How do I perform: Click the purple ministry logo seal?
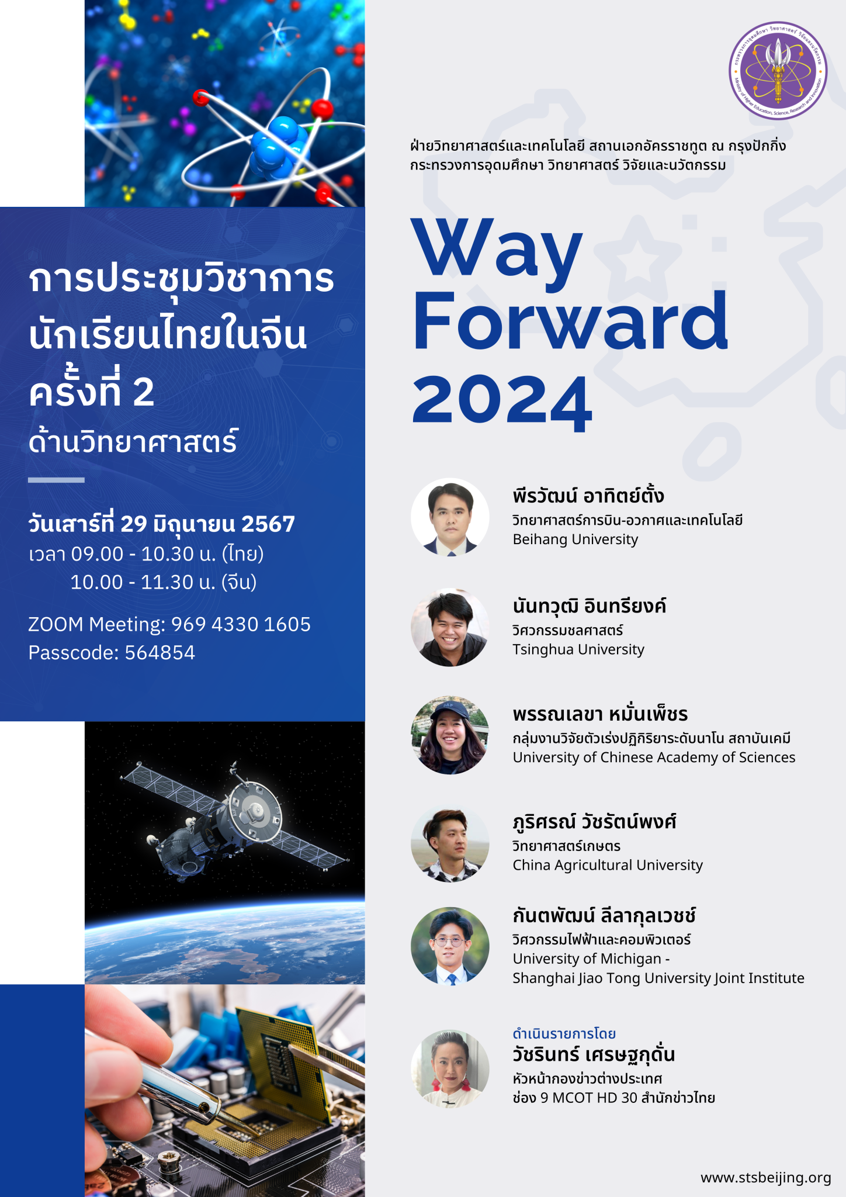click(778, 71)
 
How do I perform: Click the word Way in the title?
click(497, 248)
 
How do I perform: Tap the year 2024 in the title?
click(502, 400)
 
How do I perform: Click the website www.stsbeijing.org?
click(765, 1177)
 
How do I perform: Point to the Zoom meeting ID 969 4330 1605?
click(241, 624)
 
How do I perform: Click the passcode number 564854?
click(160, 652)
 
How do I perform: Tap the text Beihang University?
click(575, 539)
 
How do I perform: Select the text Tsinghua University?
click(578, 649)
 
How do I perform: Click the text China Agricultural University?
click(608, 865)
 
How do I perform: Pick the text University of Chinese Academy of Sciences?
click(654, 757)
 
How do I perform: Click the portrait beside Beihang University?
click(450, 517)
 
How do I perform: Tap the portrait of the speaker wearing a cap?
click(450, 735)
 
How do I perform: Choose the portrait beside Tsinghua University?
click(450, 627)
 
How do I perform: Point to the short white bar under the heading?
click(56, 480)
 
